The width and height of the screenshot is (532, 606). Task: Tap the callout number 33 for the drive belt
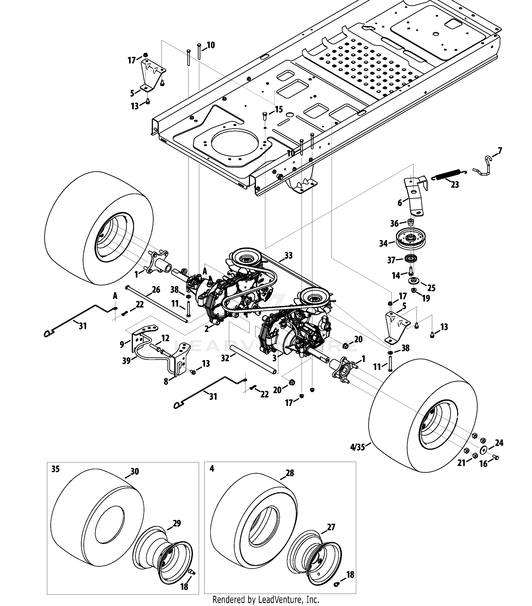(288, 255)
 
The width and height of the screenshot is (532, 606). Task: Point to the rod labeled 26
(157, 304)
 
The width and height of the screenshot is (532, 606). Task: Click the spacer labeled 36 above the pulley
(410, 222)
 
